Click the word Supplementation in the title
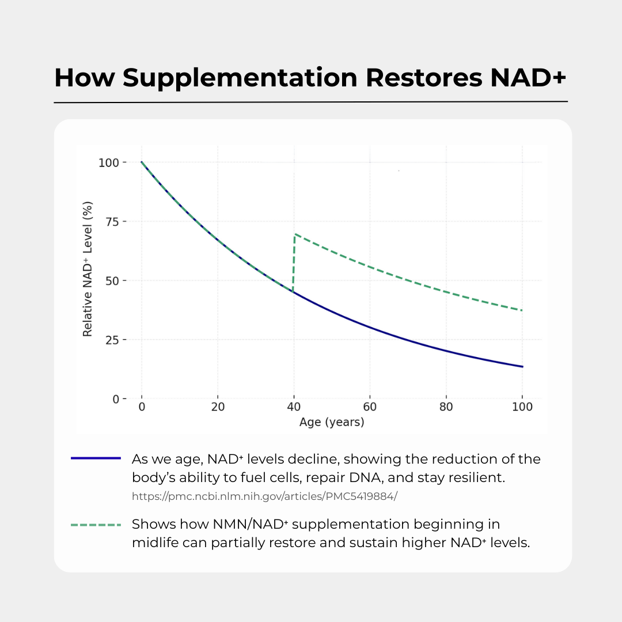tap(240, 78)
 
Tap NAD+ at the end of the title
tap(529, 78)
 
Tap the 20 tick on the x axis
tap(217, 407)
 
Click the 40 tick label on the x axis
tap(294, 407)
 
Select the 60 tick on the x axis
tap(370, 407)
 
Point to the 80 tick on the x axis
tap(446, 407)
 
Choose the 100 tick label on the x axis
tap(522, 407)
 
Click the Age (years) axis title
tap(332, 422)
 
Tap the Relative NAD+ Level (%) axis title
tap(88, 268)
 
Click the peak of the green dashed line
tap(295, 234)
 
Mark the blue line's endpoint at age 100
tap(522, 366)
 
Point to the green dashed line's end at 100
tap(522, 310)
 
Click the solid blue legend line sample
tap(96, 458)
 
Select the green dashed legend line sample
tap(96, 525)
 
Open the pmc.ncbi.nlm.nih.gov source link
tap(264, 495)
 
